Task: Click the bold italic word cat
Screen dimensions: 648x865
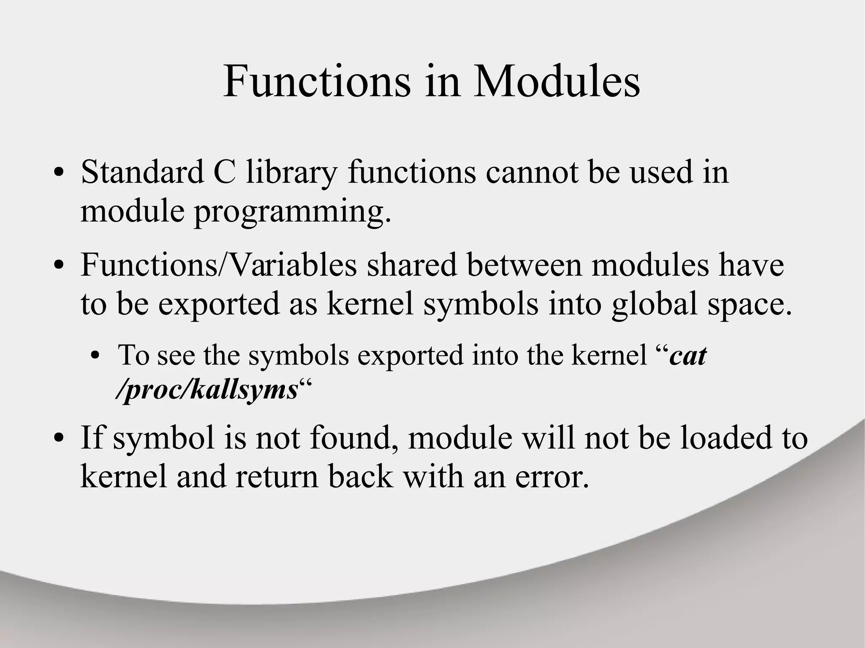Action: pyautogui.click(x=688, y=355)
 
